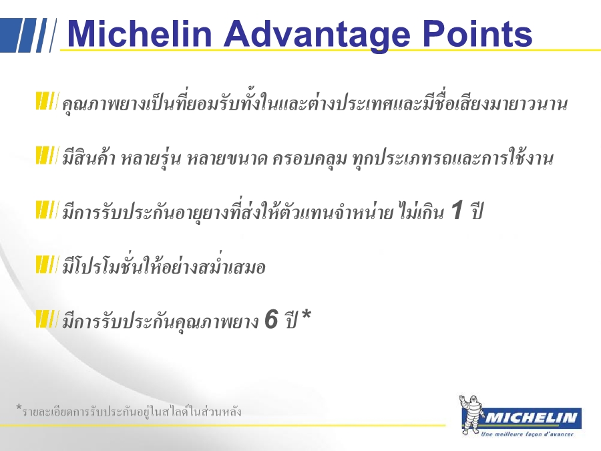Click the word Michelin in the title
140,33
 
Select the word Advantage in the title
317,35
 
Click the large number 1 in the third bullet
457,210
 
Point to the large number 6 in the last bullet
271,319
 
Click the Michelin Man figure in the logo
471,414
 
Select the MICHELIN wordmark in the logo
531,417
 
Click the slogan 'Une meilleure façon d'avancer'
527,434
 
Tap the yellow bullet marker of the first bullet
47,101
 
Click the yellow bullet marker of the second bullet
47,155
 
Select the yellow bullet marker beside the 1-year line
47,209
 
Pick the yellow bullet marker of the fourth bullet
47,264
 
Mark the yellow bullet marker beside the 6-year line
47,319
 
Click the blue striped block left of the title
28,35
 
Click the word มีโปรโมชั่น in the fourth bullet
102,265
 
